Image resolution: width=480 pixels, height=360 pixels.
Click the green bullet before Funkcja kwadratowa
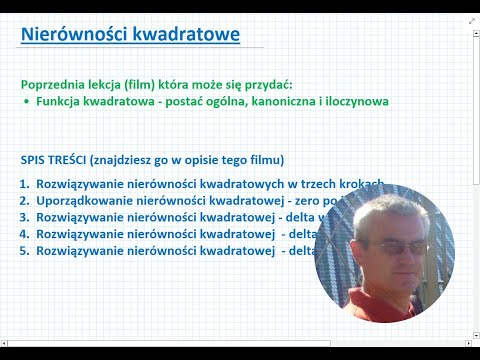[x=25, y=102]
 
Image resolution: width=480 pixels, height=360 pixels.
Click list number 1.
[x=24, y=185]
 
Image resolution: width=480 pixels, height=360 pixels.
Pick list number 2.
[x=24, y=201]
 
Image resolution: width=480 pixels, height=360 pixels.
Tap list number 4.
[x=24, y=233]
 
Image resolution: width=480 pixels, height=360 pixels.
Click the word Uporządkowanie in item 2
[x=83, y=201]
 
